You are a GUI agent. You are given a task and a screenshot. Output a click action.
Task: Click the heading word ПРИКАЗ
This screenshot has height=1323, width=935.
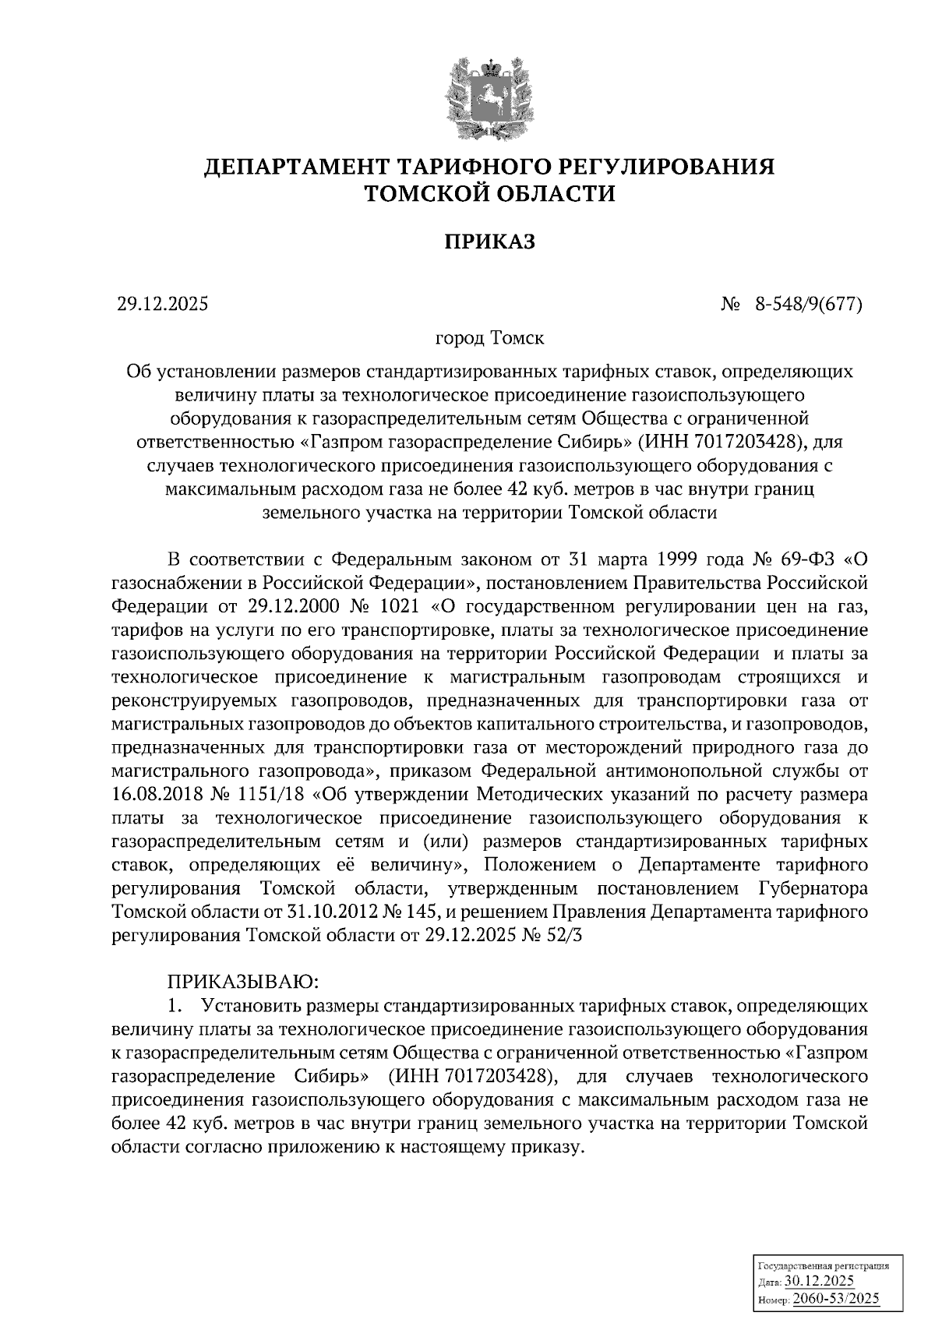point(490,242)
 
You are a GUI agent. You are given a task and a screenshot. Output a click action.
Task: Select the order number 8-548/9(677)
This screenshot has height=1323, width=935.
point(808,305)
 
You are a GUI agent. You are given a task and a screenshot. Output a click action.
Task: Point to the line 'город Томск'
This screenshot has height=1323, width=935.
point(489,339)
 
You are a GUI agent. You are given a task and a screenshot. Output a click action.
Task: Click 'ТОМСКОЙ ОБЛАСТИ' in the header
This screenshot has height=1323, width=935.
point(490,194)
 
